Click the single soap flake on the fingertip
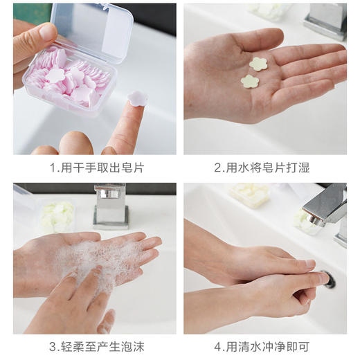[x=137, y=99]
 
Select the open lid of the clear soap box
[x=97, y=31]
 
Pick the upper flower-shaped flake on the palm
[x=259, y=64]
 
